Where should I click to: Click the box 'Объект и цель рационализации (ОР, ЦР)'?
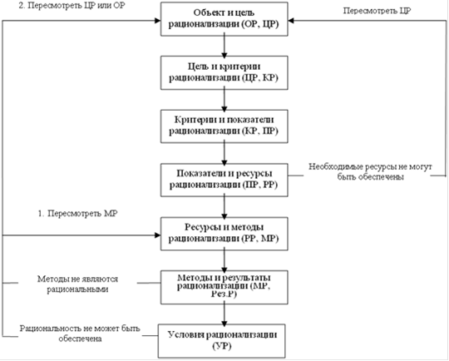224,19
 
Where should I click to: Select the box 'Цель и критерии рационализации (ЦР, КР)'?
224,72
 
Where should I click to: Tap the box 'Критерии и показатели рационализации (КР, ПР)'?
224,126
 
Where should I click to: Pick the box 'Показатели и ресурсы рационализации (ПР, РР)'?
224,180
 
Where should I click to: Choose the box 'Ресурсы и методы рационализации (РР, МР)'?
224,234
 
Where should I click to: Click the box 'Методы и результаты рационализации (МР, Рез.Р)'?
224,287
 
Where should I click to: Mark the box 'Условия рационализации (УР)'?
222,341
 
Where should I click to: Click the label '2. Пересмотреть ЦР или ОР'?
72,6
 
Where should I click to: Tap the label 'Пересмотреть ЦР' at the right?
377,11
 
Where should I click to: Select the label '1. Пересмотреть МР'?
77,214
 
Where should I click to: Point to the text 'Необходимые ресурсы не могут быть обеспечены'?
370,171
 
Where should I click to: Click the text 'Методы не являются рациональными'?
77,284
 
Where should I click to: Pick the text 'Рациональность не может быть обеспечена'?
80,334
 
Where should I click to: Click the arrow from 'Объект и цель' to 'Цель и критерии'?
224,46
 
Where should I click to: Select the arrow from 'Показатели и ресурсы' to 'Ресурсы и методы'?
224,207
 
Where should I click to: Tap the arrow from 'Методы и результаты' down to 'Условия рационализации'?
224,314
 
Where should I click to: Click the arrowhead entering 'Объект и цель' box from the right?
291,20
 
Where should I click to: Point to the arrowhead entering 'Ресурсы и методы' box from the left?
157,235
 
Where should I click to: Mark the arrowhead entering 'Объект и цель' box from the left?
157,20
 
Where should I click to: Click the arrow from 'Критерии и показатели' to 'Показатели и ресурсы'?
224,153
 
